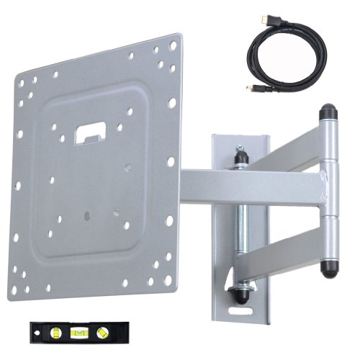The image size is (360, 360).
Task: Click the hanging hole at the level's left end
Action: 35,331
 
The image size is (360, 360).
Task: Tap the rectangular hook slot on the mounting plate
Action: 90,132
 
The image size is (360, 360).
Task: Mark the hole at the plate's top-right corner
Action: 173,45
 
